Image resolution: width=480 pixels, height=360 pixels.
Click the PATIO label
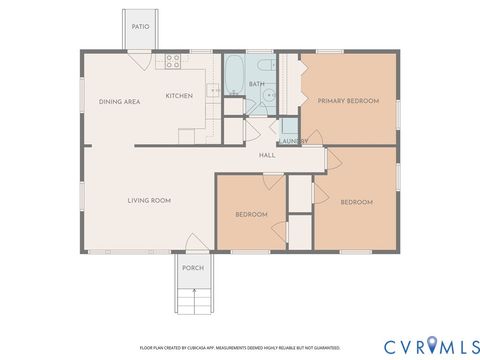(x=141, y=27)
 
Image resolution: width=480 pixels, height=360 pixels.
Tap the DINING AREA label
(x=118, y=101)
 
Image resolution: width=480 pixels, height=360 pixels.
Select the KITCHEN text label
(x=179, y=96)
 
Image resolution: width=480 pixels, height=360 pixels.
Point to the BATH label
(x=257, y=84)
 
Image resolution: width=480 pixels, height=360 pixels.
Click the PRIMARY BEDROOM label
(x=347, y=101)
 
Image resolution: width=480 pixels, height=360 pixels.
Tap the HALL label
(x=267, y=156)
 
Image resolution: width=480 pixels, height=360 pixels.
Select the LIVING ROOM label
(x=149, y=201)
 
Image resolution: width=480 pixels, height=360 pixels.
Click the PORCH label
(x=193, y=268)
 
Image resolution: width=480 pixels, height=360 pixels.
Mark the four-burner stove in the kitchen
(x=172, y=59)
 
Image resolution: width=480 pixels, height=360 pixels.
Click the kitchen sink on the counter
(x=213, y=92)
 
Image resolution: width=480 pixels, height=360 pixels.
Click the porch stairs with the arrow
(x=193, y=298)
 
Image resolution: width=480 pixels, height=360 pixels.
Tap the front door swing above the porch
(x=193, y=243)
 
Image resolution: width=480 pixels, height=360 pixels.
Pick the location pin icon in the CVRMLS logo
(x=431, y=346)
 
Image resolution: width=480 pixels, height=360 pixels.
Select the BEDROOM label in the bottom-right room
(x=356, y=202)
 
